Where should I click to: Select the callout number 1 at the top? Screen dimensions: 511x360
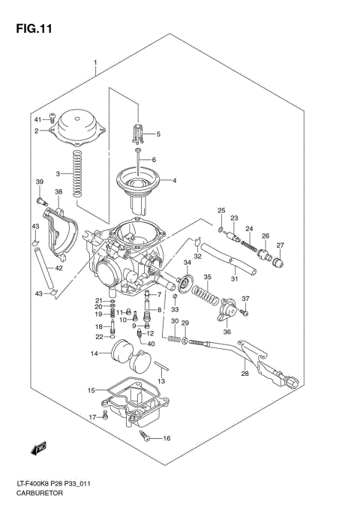[x=95, y=62]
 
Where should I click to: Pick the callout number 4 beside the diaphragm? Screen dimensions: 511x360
[x=174, y=181]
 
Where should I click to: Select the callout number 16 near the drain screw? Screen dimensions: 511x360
[x=166, y=439]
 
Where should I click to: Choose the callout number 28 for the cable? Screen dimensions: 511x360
[x=244, y=373]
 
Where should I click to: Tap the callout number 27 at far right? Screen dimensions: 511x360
[x=280, y=245]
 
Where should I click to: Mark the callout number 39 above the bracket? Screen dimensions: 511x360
[x=40, y=182]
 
